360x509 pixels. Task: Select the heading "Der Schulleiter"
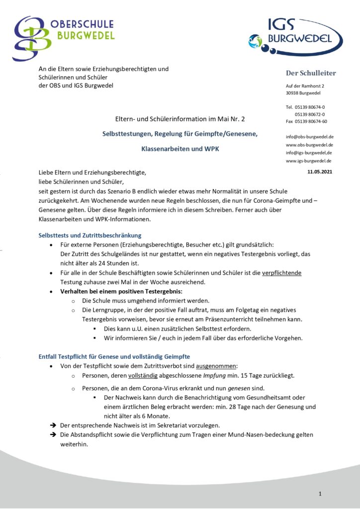[311, 73]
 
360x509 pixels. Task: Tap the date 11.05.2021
[320, 171]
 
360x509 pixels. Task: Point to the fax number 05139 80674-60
[311, 121]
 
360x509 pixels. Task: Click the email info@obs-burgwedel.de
[309, 136]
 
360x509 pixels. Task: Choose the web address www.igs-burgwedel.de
[309, 161]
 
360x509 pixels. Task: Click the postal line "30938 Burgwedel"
[303, 93]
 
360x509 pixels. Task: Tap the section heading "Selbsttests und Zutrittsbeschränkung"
[90, 235]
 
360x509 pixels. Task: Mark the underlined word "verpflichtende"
[282, 273]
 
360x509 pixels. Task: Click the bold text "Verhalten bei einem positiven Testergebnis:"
[121, 291]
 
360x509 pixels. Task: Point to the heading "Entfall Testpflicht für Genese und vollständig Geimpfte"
[114, 356]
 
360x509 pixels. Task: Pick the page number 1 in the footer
[320, 494]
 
